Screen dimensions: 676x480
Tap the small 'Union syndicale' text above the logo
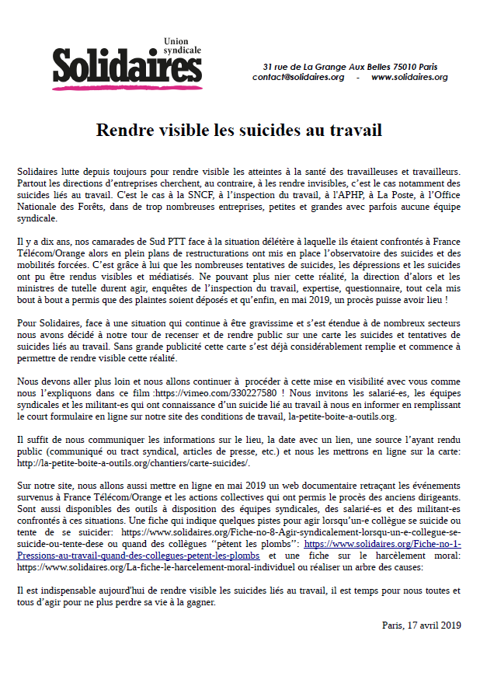182,45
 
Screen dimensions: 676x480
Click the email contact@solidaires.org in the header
298,77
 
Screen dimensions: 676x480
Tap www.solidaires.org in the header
409,77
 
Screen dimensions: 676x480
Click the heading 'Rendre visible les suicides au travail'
239,130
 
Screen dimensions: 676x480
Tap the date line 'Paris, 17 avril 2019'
421,625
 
